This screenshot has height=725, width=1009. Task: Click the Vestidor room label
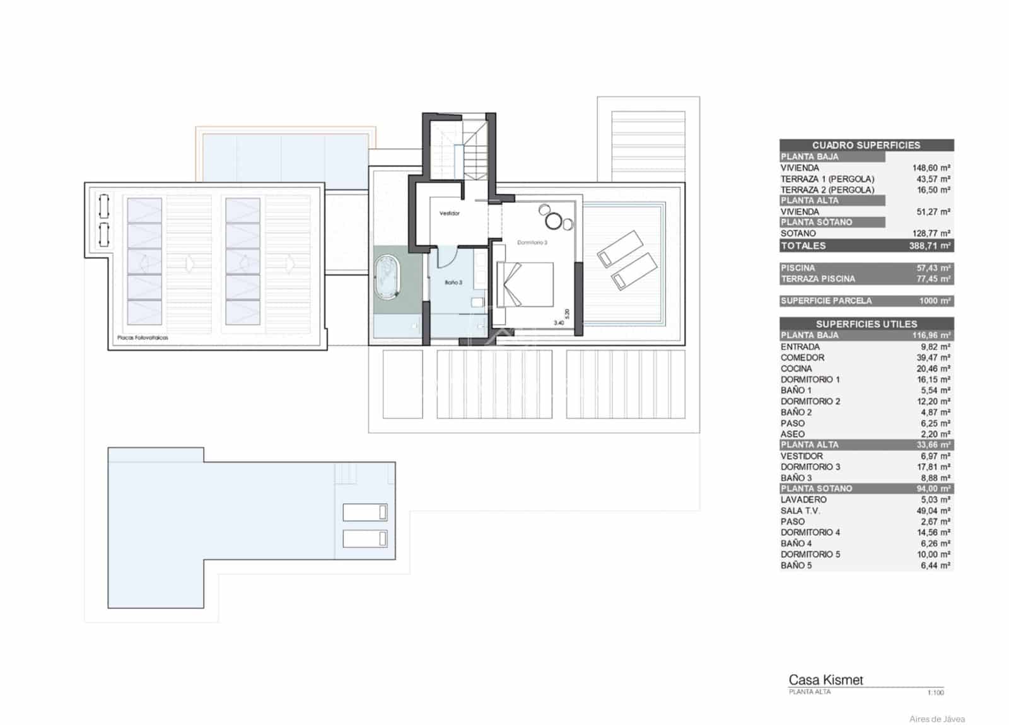[x=450, y=213]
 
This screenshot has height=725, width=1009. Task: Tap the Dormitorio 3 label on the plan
[x=532, y=242]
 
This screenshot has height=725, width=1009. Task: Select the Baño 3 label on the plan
[x=453, y=282]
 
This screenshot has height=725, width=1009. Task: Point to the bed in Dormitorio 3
[x=525, y=284]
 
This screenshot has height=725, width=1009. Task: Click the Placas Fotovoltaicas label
[x=143, y=338]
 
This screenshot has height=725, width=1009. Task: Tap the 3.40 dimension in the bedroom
[x=559, y=323]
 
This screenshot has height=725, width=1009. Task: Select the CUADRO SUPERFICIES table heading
[x=866, y=145]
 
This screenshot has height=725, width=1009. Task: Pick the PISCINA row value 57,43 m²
[x=933, y=268]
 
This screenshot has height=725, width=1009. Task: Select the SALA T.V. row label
[x=800, y=511]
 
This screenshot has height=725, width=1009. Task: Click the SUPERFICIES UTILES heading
[x=866, y=323]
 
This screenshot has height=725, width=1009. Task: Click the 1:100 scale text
[x=935, y=693]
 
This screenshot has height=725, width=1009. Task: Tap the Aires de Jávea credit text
[x=936, y=719]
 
